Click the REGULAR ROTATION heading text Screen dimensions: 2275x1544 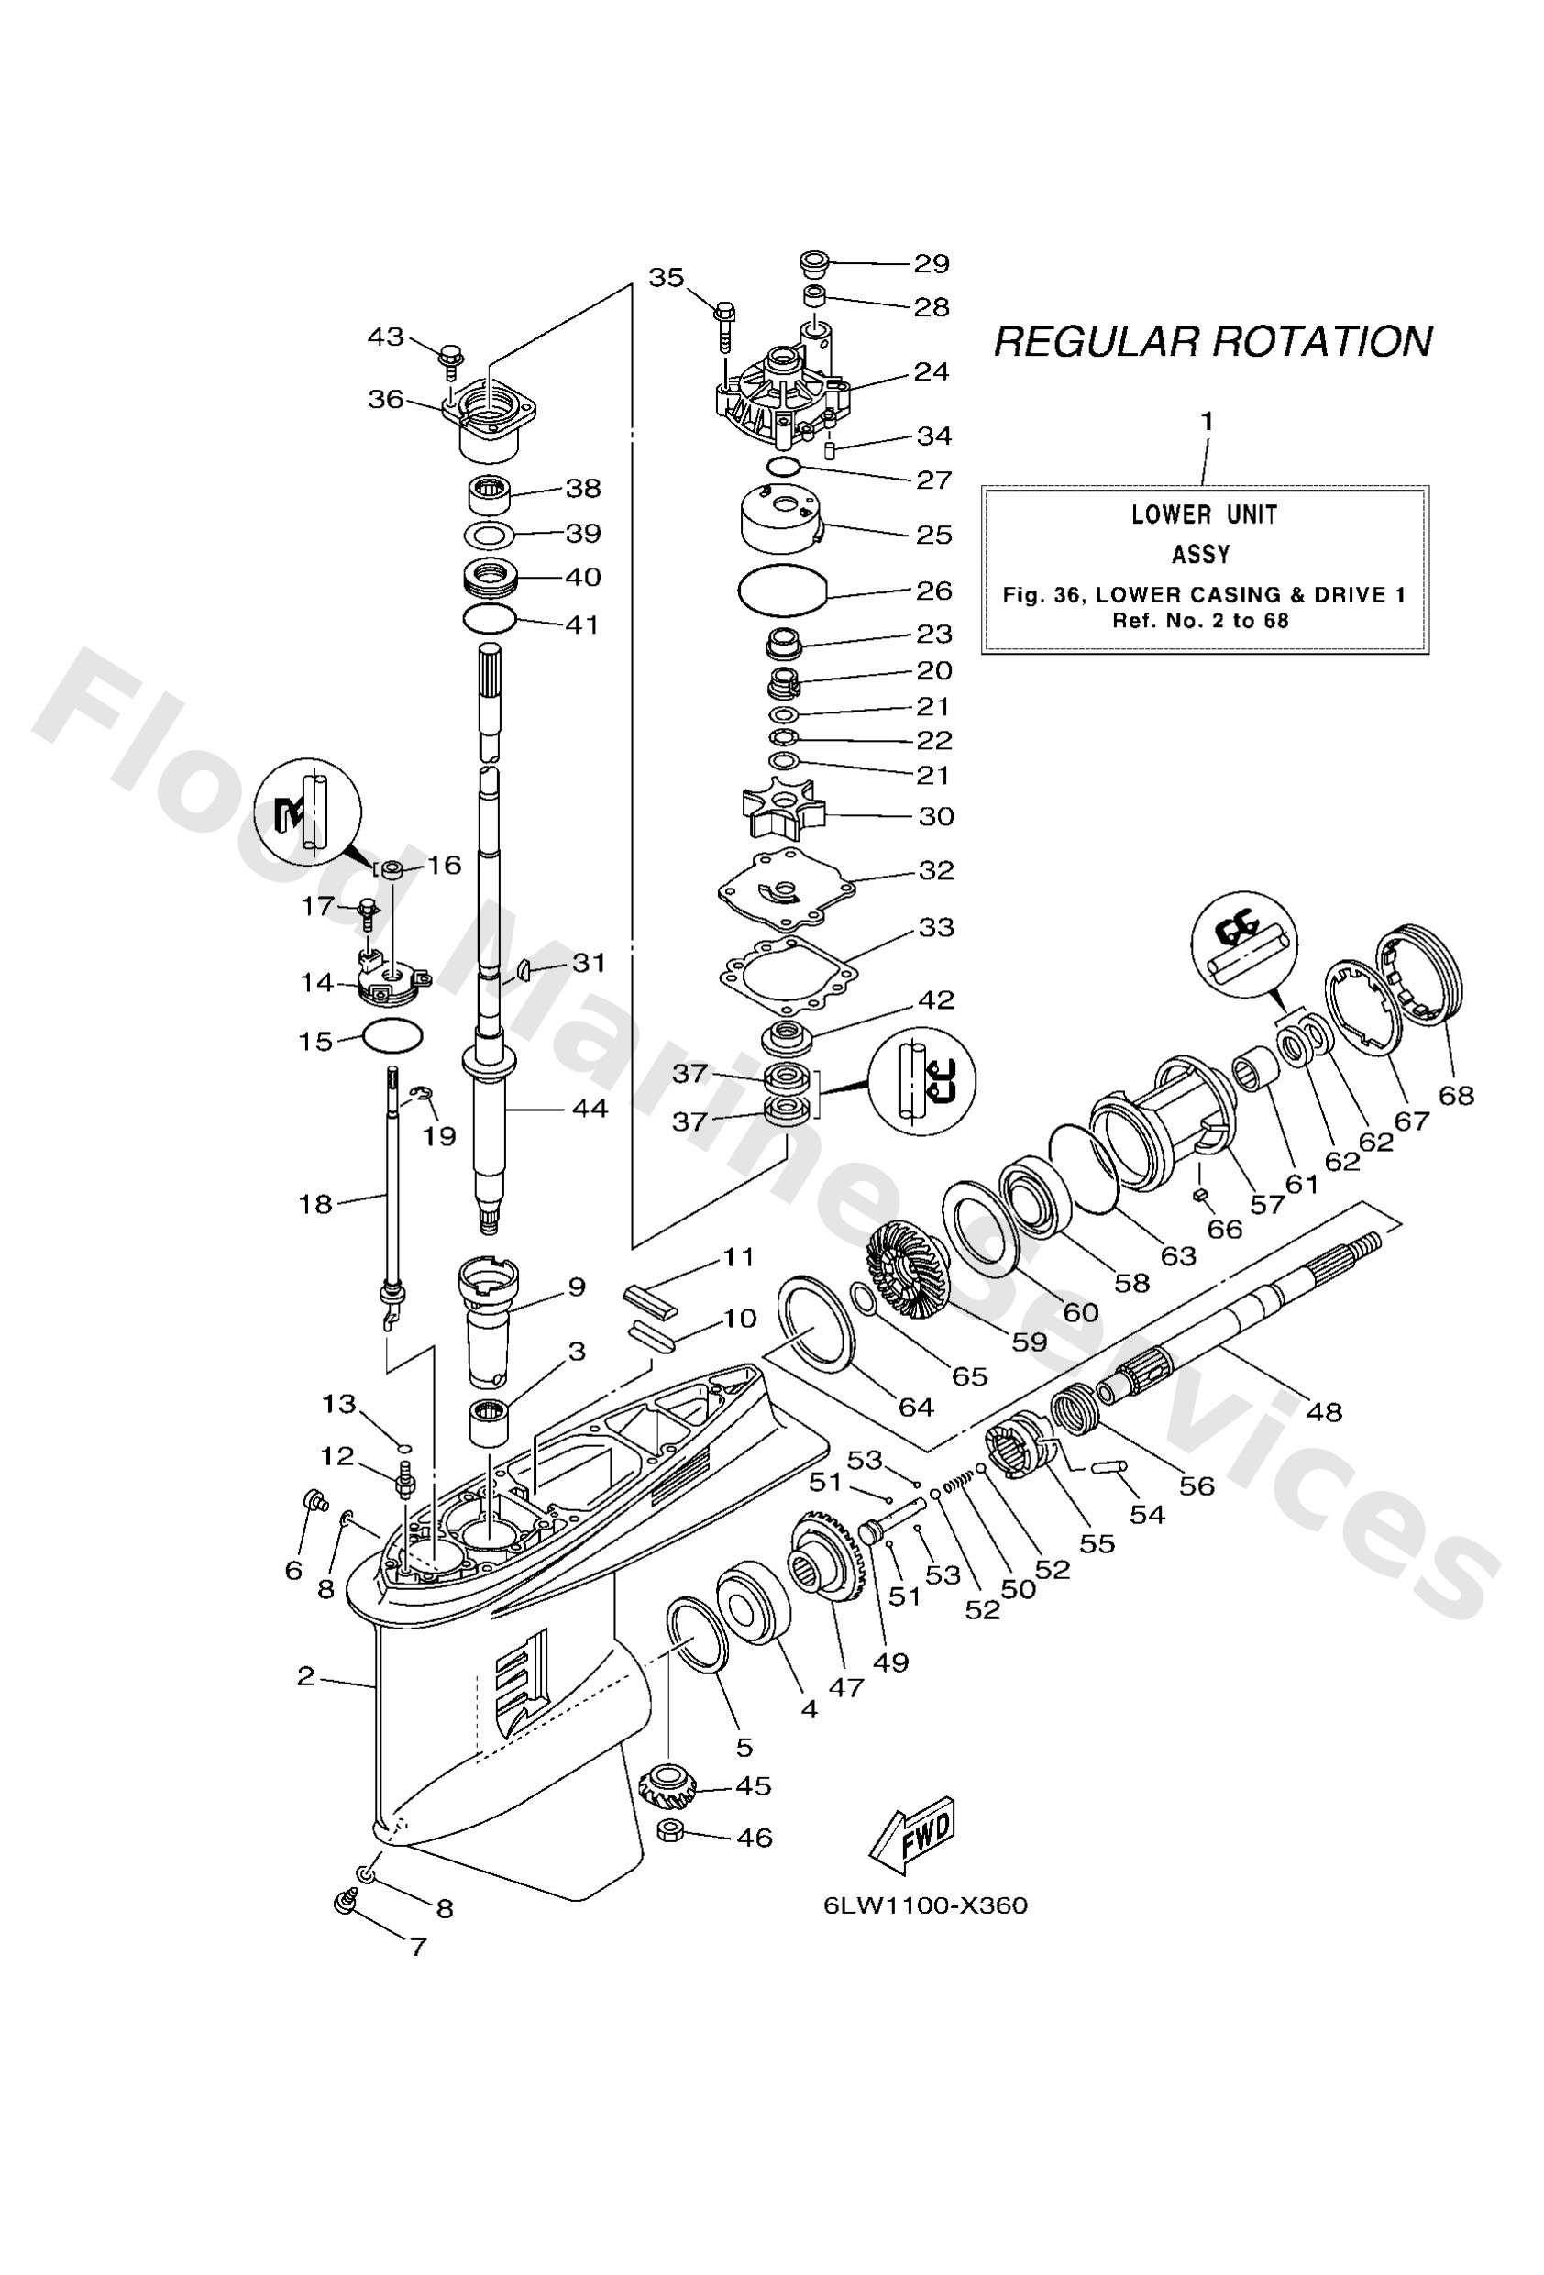point(1212,342)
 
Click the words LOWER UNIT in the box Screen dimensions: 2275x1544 point(1203,514)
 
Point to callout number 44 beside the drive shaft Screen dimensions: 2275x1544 point(590,1108)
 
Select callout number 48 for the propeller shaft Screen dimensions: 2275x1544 point(1324,1411)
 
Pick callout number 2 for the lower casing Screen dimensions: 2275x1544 point(305,1676)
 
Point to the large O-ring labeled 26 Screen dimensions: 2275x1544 point(782,590)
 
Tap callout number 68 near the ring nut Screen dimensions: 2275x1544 point(1456,1095)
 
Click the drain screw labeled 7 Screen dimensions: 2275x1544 point(345,1902)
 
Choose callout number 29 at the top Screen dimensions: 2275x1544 point(932,263)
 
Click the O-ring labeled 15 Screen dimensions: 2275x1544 point(392,1035)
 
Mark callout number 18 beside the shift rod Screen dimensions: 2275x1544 point(315,1204)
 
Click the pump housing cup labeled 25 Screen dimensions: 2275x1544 point(781,519)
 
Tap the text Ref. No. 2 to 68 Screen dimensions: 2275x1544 point(1200,620)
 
